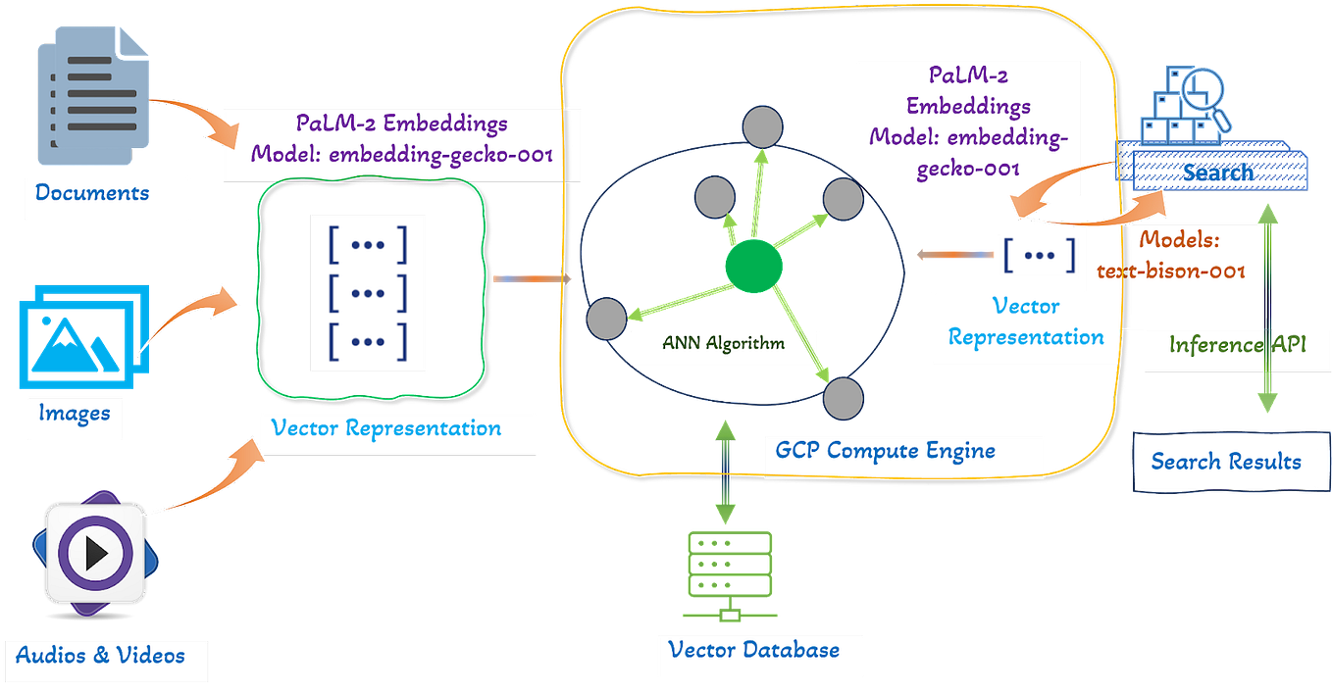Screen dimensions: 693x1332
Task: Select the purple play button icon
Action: coord(95,554)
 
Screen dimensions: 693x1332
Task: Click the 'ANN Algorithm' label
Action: coord(723,344)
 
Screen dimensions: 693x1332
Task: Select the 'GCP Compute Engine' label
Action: coord(885,450)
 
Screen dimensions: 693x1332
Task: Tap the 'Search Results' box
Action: coord(1225,462)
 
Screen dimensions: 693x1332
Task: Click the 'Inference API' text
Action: coord(1236,345)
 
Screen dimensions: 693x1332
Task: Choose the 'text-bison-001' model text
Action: coord(1170,271)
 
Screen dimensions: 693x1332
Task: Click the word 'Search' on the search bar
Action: coord(1217,173)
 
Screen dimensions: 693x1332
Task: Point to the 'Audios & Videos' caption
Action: coord(101,654)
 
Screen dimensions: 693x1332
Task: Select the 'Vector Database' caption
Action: coord(753,649)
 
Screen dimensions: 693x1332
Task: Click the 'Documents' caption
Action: coord(92,192)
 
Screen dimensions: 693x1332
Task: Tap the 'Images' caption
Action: coord(75,412)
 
